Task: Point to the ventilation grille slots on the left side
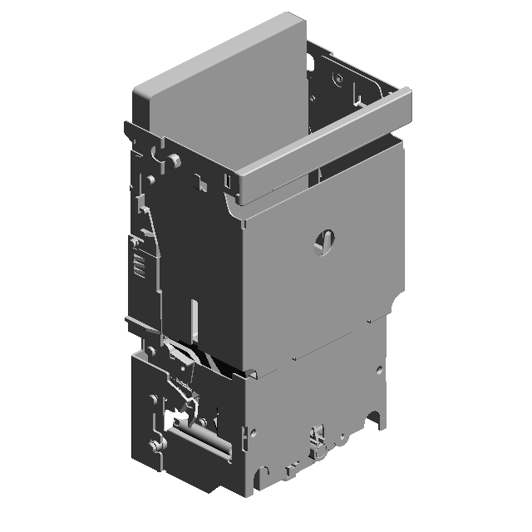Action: [138, 266]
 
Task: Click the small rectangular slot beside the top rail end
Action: [226, 182]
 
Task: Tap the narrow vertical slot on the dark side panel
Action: [193, 319]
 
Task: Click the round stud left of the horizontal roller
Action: [155, 446]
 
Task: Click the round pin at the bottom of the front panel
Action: [319, 452]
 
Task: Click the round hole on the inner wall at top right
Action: [337, 79]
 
